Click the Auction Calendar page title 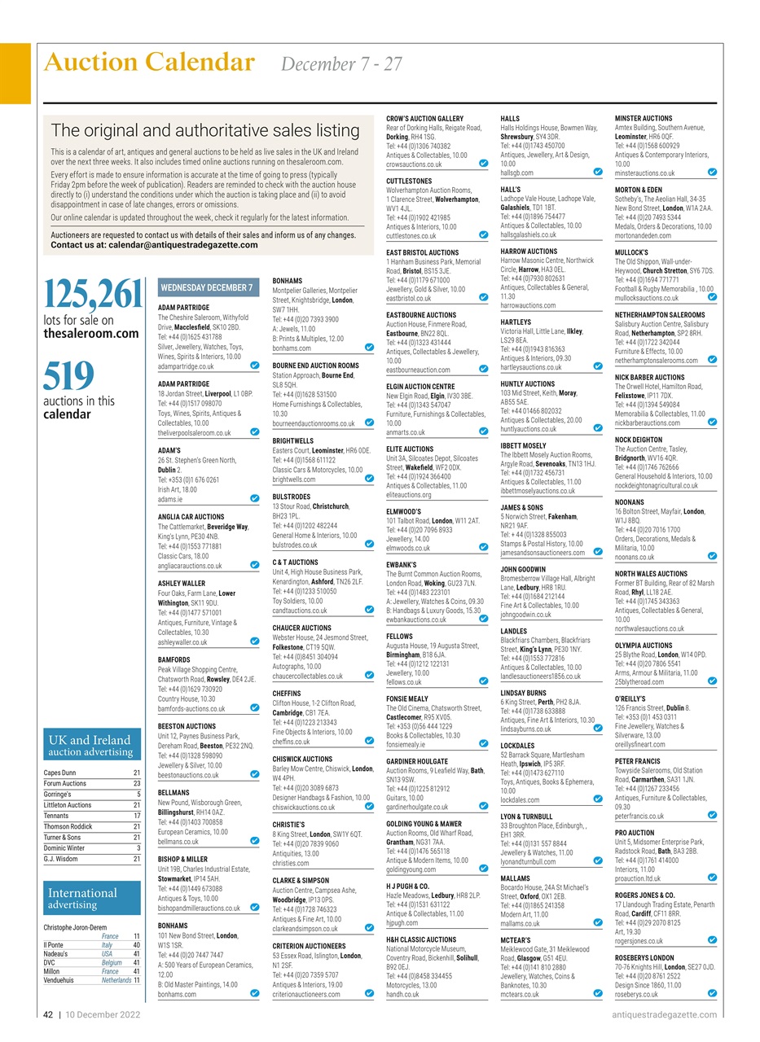149,63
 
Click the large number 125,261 92,295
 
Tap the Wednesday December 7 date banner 207,287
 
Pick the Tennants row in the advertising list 56,815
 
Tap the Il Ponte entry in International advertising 54,945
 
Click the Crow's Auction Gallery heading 424,119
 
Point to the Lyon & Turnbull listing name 526,817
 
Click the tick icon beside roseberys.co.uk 712,993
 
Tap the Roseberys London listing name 644,958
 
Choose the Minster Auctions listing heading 644,119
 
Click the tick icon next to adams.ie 255,498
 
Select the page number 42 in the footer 49,1014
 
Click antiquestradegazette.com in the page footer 664,1014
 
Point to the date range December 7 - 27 341,64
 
